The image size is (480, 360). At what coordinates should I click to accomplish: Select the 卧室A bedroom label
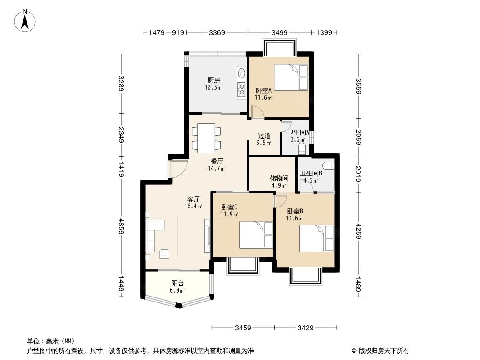click(x=263, y=90)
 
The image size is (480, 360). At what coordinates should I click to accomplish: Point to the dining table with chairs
click(x=206, y=138)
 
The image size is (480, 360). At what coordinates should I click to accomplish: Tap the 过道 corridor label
click(x=264, y=135)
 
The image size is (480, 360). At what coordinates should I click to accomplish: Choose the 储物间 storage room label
click(x=279, y=178)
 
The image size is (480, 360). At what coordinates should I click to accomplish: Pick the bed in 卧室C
click(x=255, y=234)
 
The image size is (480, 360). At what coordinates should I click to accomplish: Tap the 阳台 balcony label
click(x=177, y=283)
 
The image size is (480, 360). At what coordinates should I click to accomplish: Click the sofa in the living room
click(x=151, y=234)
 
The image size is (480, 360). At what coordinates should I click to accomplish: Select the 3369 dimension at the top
click(x=217, y=32)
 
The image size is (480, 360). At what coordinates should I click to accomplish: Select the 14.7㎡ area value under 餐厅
click(x=217, y=169)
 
